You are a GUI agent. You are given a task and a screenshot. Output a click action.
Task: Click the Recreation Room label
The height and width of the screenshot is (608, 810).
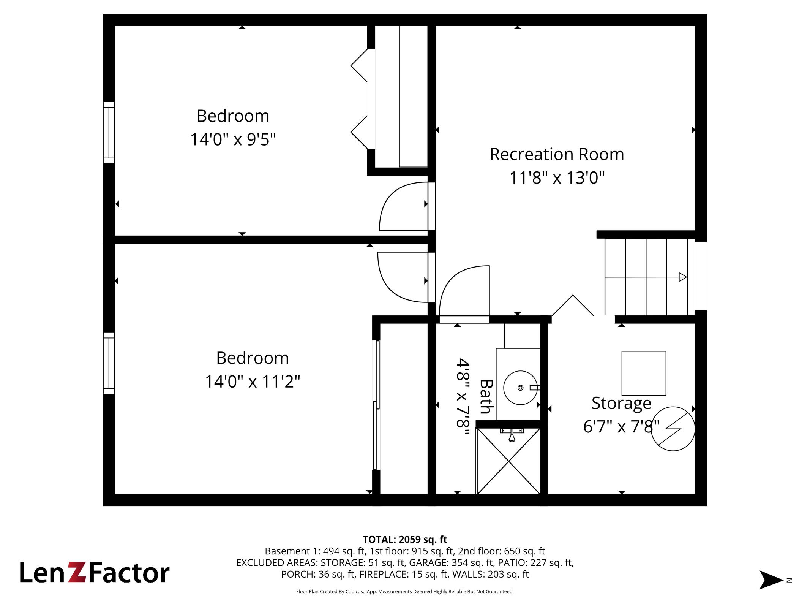[557, 154]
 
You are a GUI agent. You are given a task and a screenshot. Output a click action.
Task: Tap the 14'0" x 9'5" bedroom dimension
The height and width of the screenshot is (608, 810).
[233, 139]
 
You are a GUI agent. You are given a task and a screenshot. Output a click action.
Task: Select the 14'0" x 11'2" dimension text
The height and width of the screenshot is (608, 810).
[253, 382]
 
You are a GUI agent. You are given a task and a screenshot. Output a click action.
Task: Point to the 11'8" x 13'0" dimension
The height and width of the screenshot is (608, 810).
[557, 178]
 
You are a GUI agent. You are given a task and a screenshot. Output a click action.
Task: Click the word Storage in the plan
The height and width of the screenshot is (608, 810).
[621, 404]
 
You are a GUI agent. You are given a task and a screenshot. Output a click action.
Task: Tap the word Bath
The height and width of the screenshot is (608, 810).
[486, 396]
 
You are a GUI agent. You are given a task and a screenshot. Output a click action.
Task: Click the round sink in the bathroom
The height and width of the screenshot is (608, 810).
[520, 388]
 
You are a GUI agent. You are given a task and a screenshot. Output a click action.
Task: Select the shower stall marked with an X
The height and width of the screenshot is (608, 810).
[508, 461]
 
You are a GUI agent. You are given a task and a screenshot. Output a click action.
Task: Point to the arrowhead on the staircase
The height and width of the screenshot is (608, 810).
[683, 277]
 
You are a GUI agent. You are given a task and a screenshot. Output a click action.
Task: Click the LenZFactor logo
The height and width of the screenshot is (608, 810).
[95, 573]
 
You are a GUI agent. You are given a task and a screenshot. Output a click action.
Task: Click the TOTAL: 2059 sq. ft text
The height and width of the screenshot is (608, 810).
[405, 540]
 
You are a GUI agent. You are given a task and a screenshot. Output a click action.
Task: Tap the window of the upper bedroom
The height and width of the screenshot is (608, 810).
[109, 133]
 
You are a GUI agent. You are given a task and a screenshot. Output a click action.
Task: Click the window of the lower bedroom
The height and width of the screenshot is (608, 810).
[109, 363]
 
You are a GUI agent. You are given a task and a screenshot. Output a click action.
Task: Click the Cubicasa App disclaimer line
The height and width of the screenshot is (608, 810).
[405, 591]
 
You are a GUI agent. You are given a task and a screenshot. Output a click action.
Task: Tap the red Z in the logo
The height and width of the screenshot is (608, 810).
[78, 572]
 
